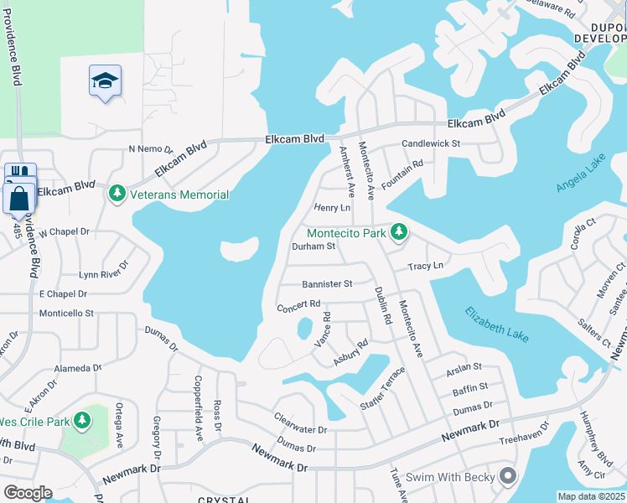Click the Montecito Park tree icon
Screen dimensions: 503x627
coord(400,231)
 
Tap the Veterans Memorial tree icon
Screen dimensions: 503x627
coord(117,194)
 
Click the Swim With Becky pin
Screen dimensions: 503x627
coord(506,477)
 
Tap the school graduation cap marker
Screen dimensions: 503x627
coord(105,80)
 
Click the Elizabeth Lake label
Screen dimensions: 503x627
coord(497,322)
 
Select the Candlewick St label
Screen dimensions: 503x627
coord(431,143)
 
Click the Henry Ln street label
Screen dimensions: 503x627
coord(331,207)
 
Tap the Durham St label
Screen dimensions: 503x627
coord(313,246)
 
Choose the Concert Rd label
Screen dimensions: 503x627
coord(299,305)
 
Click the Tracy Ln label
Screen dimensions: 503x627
coord(425,267)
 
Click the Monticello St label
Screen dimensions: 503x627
coord(66,313)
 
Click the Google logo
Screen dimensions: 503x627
coord(27,492)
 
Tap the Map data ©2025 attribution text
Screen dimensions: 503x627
coord(590,496)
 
